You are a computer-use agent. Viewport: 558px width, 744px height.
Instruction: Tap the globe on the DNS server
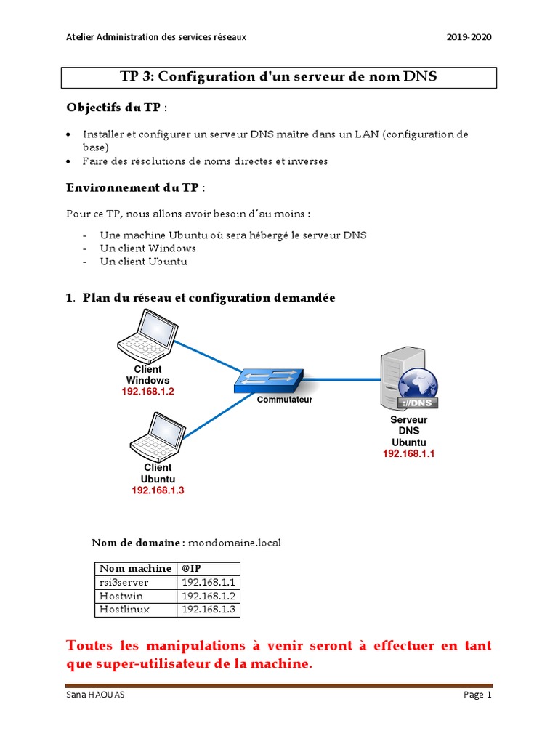[x=417, y=387]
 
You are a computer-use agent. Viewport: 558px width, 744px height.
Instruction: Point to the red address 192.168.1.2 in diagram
[x=148, y=392]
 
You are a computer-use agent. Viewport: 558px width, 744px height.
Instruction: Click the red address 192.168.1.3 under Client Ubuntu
[x=158, y=490]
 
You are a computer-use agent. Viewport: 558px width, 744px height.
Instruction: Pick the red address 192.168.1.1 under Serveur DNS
[x=409, y=453]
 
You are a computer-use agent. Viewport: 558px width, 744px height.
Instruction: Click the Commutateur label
[x=285, y=400]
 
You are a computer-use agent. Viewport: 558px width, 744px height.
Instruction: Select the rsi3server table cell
[x=124, y=582]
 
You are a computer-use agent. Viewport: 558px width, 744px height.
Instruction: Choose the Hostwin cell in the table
[x=121, y=596]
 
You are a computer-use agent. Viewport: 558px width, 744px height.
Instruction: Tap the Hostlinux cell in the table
[x=124, y=610]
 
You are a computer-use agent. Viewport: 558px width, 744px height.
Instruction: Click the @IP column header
[x=191, y=568]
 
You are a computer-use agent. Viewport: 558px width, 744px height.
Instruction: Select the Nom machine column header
[x=135, y=568]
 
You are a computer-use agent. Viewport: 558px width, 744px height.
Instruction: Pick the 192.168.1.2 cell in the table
[x=209, y=596]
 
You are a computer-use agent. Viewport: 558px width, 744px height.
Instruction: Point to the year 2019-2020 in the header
[x=469, y=37]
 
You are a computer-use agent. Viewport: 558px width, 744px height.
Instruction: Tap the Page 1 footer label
[x=477, y=695]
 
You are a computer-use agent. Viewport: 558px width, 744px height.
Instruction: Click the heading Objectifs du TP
[x=113, y=108]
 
